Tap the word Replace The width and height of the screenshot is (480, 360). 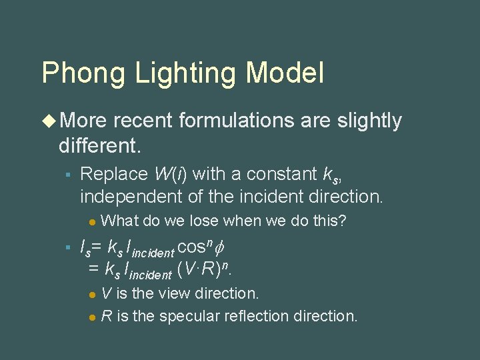(114, 174)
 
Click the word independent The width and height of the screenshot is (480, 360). (129, 196)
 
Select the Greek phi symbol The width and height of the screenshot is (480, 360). (223, 248)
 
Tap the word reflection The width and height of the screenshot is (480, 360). (249, 315)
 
